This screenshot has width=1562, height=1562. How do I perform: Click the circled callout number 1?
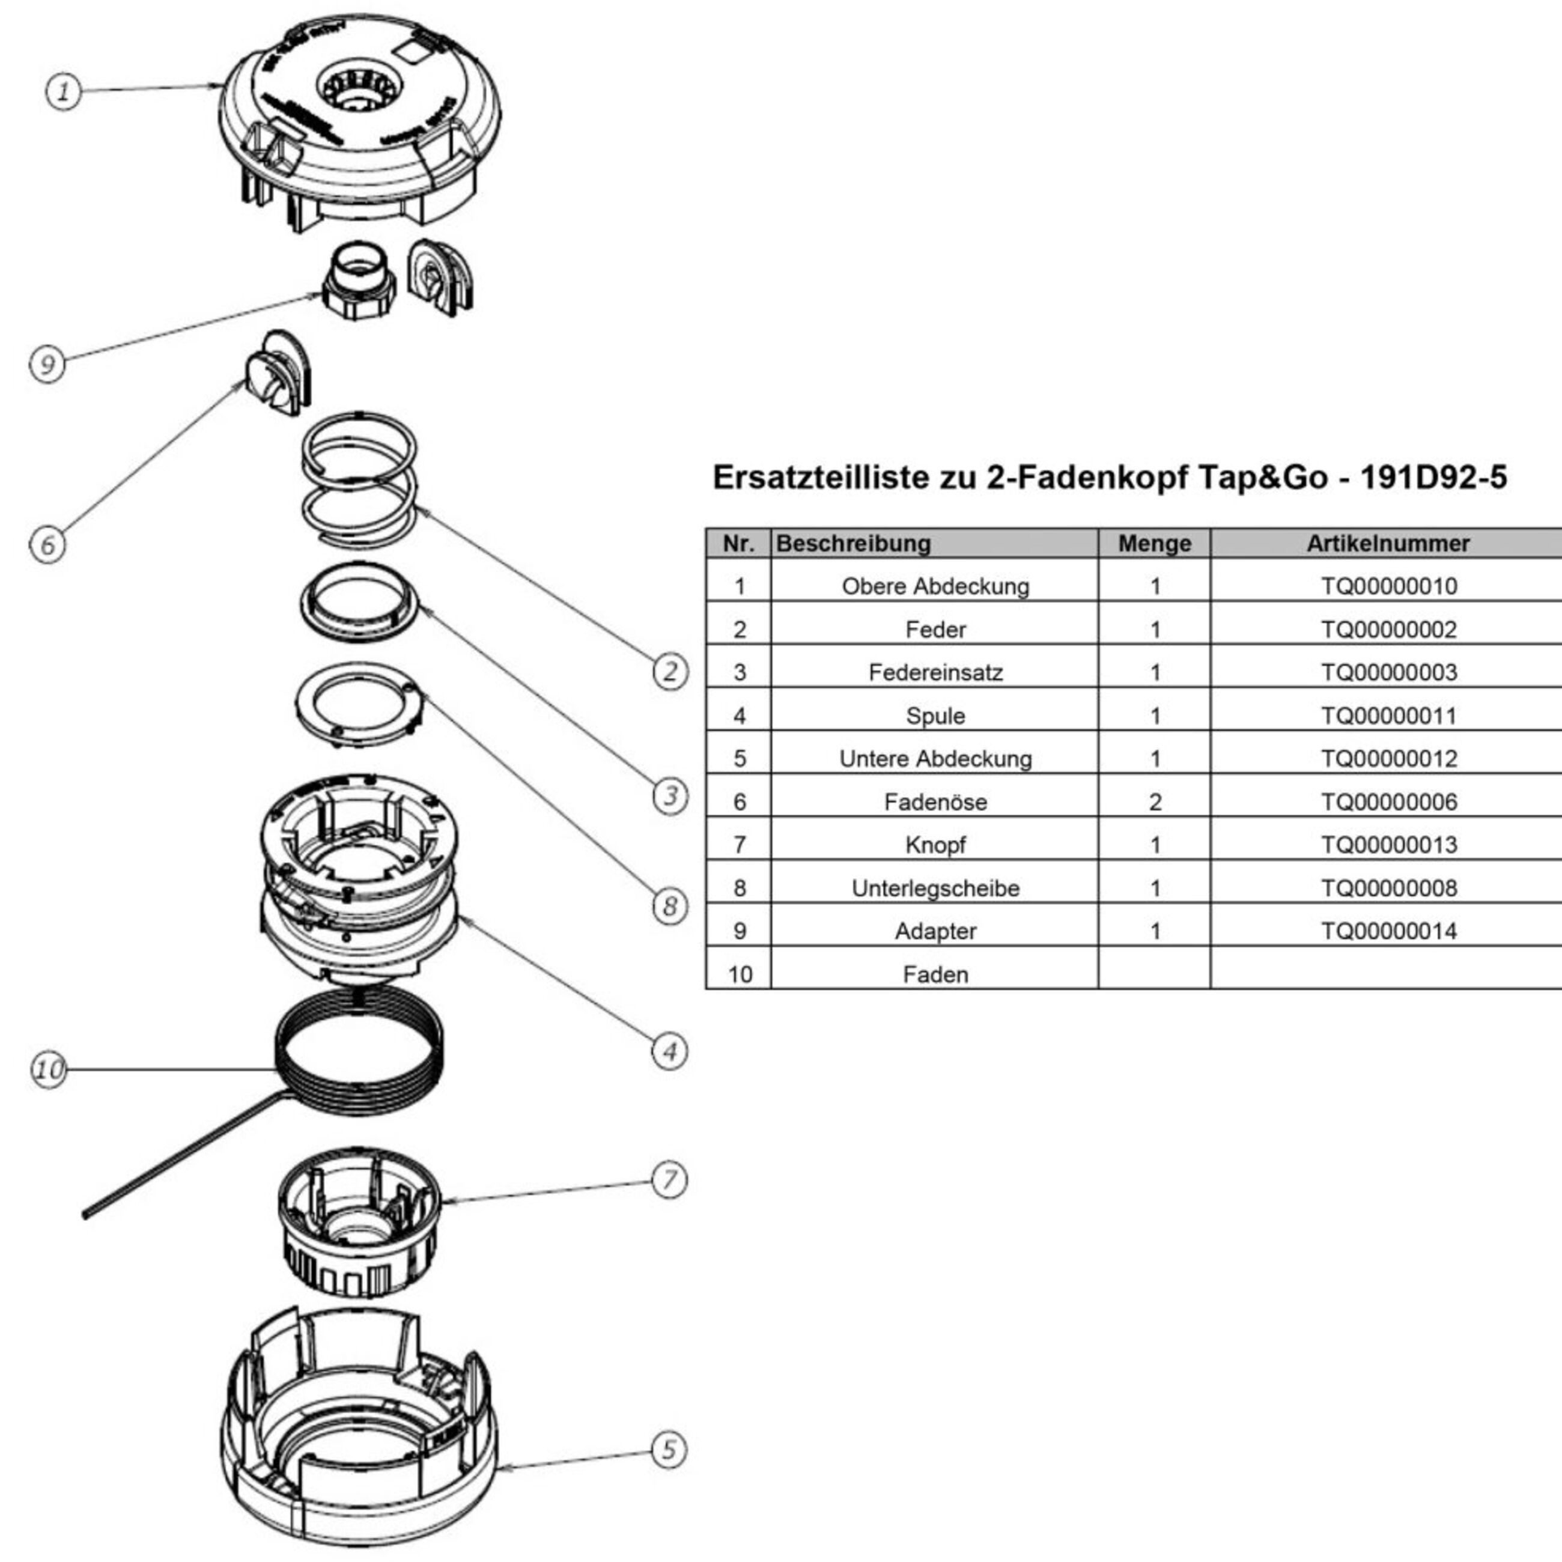click(63, 91)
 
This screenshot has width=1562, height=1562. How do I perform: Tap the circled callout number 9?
click(47, 364)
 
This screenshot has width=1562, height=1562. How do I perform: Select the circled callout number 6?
click(47, 544)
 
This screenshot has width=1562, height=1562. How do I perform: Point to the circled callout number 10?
click(49, 1069)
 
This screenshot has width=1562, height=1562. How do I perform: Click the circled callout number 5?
click(669, 1450)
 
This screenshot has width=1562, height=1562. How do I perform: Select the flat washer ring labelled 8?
click(359, 702)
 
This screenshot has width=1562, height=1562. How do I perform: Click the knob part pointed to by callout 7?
click(359, 1221)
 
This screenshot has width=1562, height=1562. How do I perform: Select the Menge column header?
click(1155, 543)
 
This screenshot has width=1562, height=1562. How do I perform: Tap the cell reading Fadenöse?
click(935, 802)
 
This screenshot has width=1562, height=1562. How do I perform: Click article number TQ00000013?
click(1388, 845)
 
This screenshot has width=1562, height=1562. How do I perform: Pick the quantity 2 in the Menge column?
click(1155, 802)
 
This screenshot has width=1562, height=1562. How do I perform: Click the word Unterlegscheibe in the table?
click(935, 889)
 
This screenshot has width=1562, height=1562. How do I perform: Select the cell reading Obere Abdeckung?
click(935, 586)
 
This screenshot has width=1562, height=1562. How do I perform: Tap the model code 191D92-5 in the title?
click(1433, 478)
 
